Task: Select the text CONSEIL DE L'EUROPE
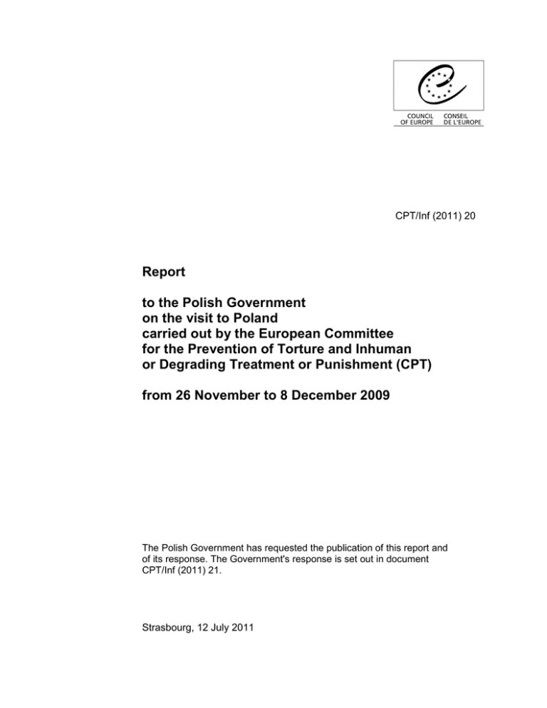(x=462, y=120)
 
